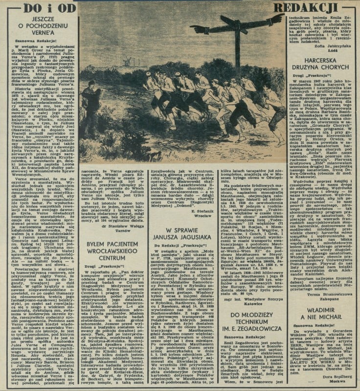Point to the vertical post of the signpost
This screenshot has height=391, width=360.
[238, 44]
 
